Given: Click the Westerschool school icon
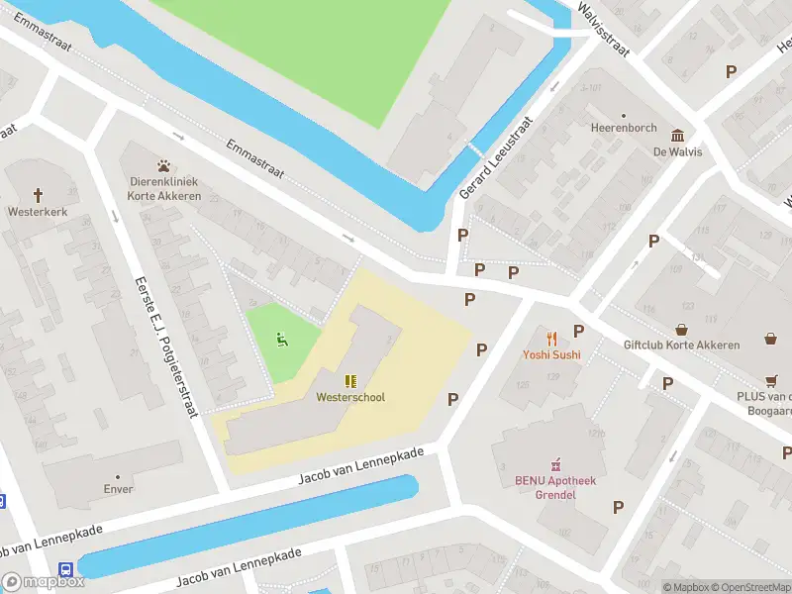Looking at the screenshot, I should pos(350,380).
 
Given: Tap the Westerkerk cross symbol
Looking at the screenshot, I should pos(39,195).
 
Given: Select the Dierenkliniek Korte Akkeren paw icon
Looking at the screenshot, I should pos(163,165).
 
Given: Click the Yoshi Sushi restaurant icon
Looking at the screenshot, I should pos(551,339).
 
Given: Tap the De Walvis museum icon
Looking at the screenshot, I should pos(677,136).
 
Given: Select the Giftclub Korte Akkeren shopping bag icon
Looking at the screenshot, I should pos(681,330).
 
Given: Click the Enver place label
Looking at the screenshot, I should pos(117,489).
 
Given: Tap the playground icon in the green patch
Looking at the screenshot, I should pos(282,341).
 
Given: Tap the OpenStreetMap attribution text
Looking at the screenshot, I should pos(751,587).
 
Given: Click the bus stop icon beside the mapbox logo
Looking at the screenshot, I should pos(65,569).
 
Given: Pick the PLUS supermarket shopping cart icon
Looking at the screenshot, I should pos(770,380).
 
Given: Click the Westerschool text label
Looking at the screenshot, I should pos(350,397).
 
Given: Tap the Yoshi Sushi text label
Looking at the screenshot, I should pos(551,354).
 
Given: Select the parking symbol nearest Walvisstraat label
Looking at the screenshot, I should pos(731,71).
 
